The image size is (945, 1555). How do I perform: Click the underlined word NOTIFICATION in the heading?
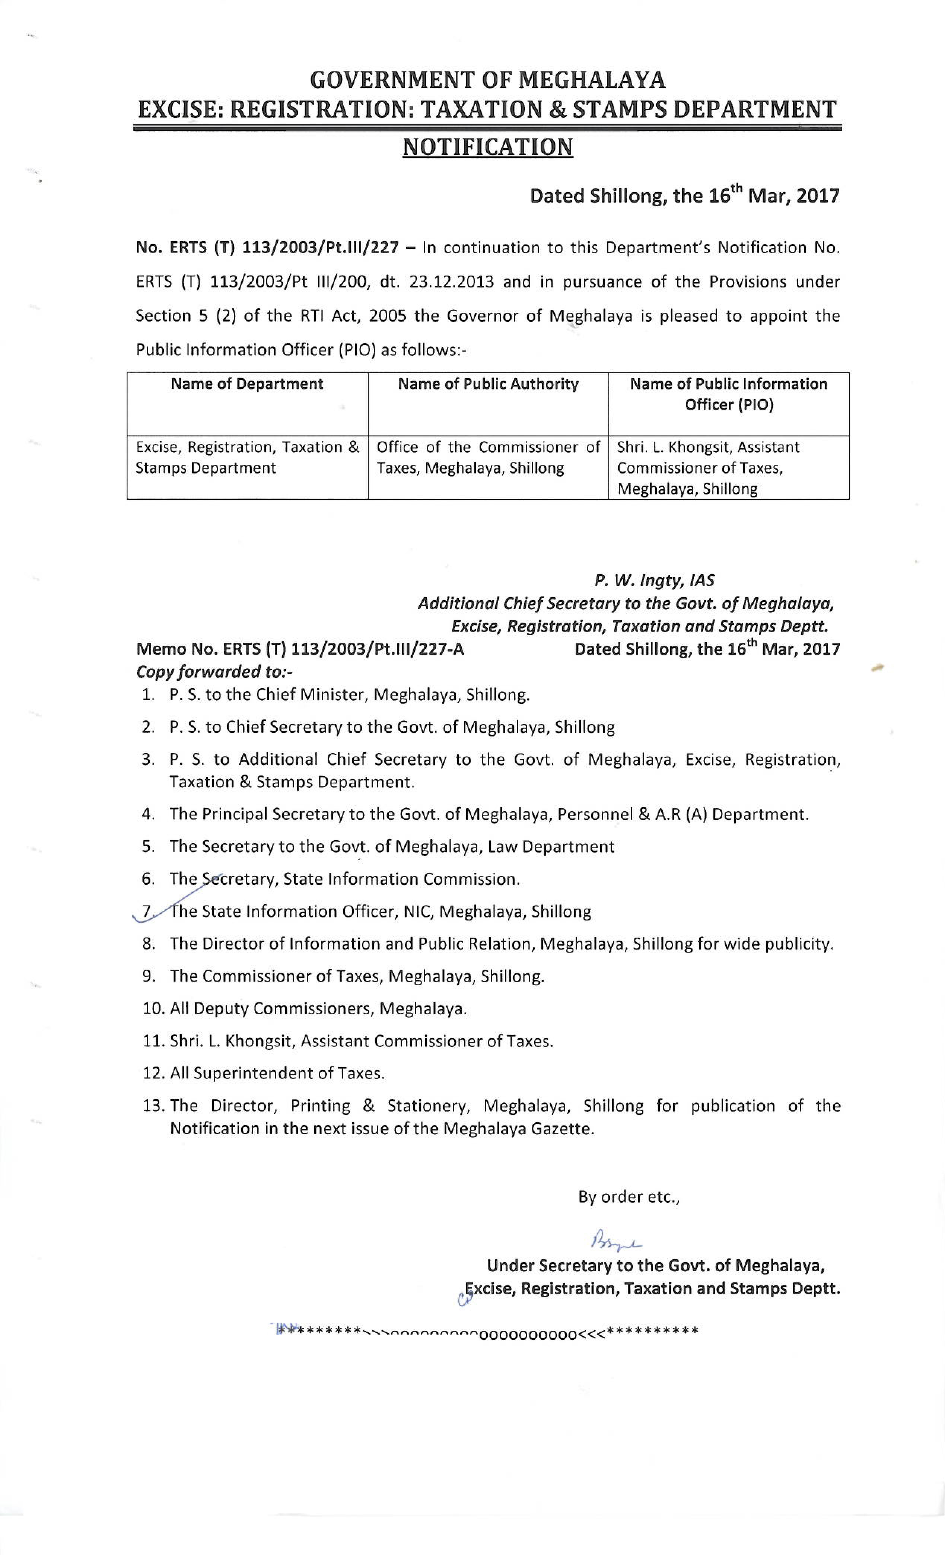tap(488, 147)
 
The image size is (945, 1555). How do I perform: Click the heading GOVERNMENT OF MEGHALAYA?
tap(488, 80)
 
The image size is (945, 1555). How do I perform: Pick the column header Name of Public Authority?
tap(488, 384)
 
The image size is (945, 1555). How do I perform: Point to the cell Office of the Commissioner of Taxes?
tap(488, 458)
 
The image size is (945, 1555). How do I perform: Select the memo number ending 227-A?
tap(300, 649)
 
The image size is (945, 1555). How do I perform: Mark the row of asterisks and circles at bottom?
tap(488, 1332)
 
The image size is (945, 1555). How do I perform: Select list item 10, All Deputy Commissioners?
tap(305, 1008)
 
